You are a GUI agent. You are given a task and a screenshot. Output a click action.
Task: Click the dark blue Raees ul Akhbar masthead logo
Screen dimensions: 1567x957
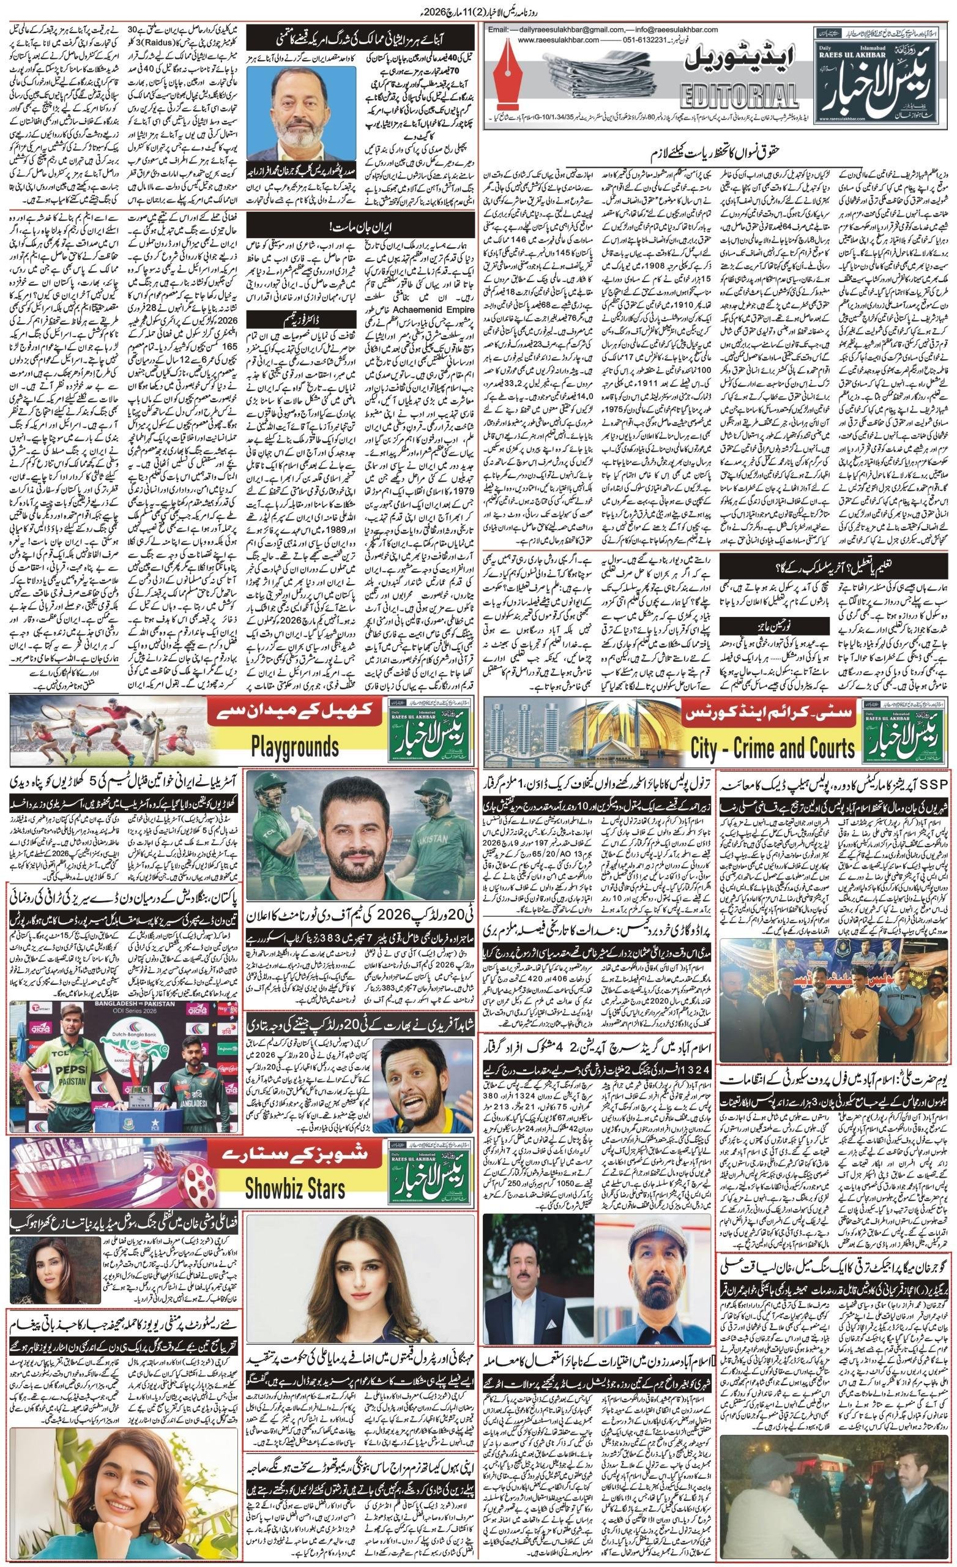pyautogui.click(x=877, y=69)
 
